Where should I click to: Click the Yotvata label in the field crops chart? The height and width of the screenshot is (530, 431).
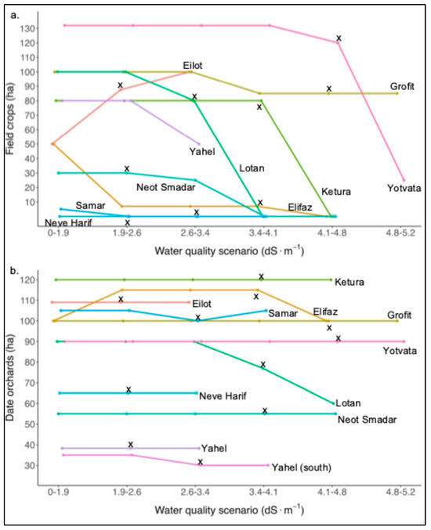click(404, 188)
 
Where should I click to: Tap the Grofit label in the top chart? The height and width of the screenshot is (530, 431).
click(402, 87)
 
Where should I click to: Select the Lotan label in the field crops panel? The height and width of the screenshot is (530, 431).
click(252, 168)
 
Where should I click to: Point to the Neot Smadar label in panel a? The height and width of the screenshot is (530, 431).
click(166, 187)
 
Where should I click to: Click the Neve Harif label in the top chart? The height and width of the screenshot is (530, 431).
click(68, 223)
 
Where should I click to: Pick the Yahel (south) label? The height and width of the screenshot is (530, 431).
click(302, 467)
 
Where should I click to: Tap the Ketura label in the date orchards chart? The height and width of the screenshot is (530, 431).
click(350, 282)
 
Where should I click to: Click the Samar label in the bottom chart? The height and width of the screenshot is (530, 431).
click(283, 313)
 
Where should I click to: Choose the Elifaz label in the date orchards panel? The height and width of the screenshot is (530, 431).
click(325, 312)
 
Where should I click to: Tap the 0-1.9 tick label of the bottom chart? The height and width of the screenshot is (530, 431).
click(58, 492)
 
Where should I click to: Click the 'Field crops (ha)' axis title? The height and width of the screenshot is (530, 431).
click(10, 118)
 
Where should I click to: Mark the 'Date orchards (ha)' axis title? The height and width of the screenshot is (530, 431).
click(10, 377)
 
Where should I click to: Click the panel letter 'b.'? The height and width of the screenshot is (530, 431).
click(14, 271)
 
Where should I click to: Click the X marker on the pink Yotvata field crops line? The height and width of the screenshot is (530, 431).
click(339, 38)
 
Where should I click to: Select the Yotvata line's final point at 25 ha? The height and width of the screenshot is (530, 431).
click(404, 180)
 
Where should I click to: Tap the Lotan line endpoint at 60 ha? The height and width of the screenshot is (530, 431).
click(333, 403)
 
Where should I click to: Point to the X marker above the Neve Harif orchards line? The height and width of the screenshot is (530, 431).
click(129, 389)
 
